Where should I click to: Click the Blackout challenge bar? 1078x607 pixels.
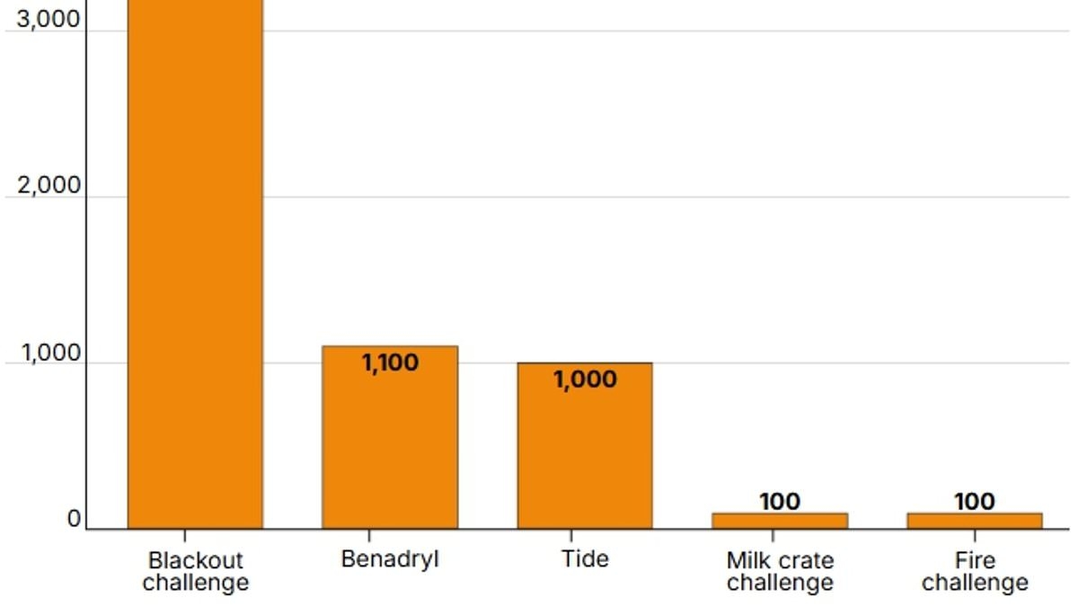[195, 270]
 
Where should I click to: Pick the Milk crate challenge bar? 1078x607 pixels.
[780, 521]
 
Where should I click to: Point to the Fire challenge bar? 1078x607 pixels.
[975, 521]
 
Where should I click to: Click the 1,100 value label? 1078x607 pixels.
[390, 363]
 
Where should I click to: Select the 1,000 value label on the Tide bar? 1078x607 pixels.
[585, 379]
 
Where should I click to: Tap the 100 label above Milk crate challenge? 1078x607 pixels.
[780, 502]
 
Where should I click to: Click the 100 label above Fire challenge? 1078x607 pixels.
[975, 502]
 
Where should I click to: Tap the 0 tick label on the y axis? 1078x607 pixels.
[73, 520]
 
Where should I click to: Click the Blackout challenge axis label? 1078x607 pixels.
[195, 571]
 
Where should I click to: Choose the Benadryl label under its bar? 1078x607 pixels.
[390, 559]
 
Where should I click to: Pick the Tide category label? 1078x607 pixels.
[585, 559]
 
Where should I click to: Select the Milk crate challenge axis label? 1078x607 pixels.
[780, 571]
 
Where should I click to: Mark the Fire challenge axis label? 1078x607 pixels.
[975, 571]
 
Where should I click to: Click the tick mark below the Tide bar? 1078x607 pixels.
[585, 536]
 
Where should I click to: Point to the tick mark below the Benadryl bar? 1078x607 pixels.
[390, 536]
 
